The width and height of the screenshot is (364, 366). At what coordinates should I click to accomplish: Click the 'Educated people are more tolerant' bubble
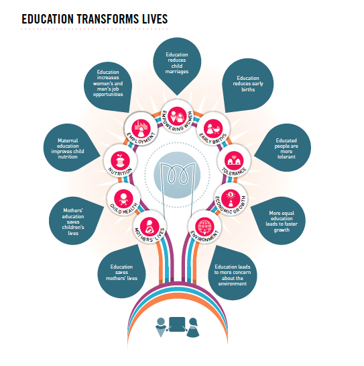(283, 148)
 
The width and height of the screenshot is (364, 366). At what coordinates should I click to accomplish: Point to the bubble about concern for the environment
(233, 273)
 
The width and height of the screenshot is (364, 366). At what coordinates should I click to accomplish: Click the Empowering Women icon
(177, 116)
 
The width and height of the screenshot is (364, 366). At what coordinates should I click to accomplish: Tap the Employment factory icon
(141, 128)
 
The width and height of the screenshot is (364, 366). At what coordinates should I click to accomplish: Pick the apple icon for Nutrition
(120, 161)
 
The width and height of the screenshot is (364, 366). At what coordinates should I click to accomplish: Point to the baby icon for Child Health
(123, 199)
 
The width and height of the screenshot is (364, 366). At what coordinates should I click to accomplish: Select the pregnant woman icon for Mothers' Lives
(150, 226)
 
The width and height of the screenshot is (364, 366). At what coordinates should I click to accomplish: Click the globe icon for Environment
(204, 226)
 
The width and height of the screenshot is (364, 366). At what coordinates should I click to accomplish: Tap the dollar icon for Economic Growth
(231, 199)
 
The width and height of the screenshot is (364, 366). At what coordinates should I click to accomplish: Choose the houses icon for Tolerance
(234, 161)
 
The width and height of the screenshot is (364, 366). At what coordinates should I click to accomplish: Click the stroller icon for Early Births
(213, 128)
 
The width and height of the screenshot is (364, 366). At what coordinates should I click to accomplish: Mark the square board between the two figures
(177, 324)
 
